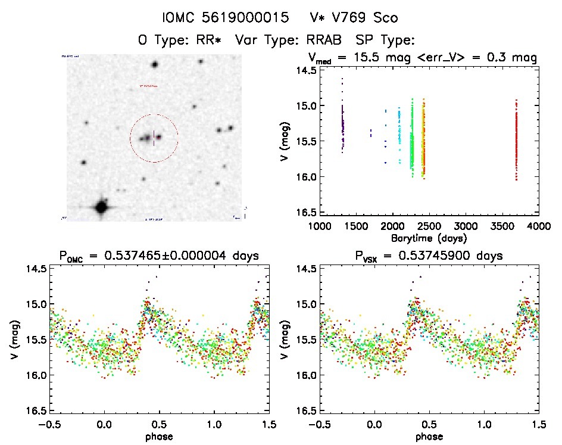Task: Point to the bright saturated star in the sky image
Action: click(x=101, y=207)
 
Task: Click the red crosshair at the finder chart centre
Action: click(x=154, y=138)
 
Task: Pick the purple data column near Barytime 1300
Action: click(x=342, y=125)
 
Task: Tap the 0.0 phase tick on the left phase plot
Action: click(x=104, y=424)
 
